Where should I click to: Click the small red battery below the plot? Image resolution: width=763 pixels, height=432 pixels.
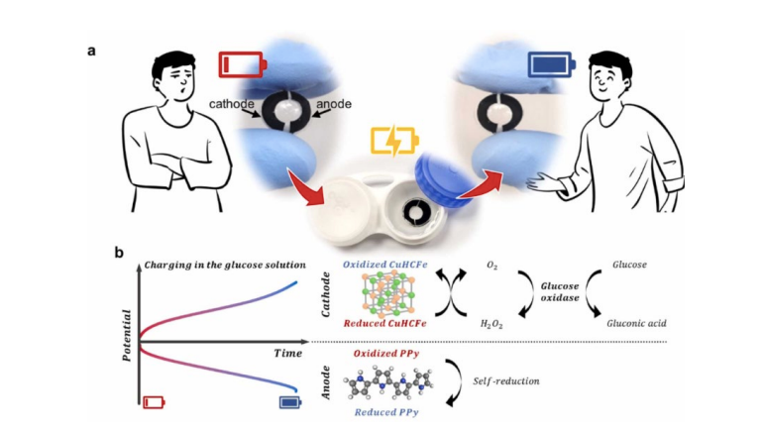(154, 402)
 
